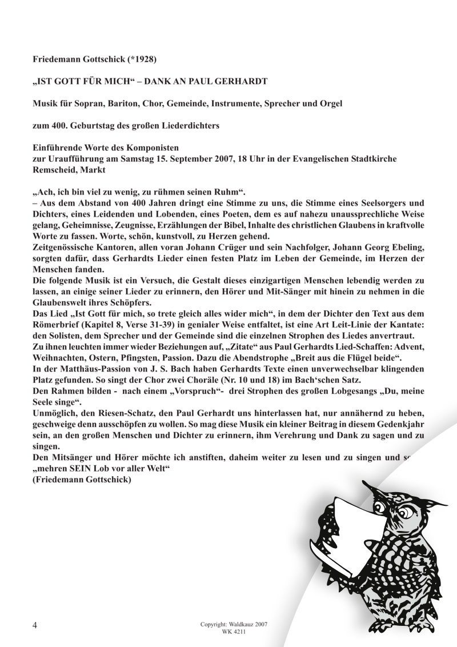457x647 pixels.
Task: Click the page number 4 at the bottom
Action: click(x=35, y=625)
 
